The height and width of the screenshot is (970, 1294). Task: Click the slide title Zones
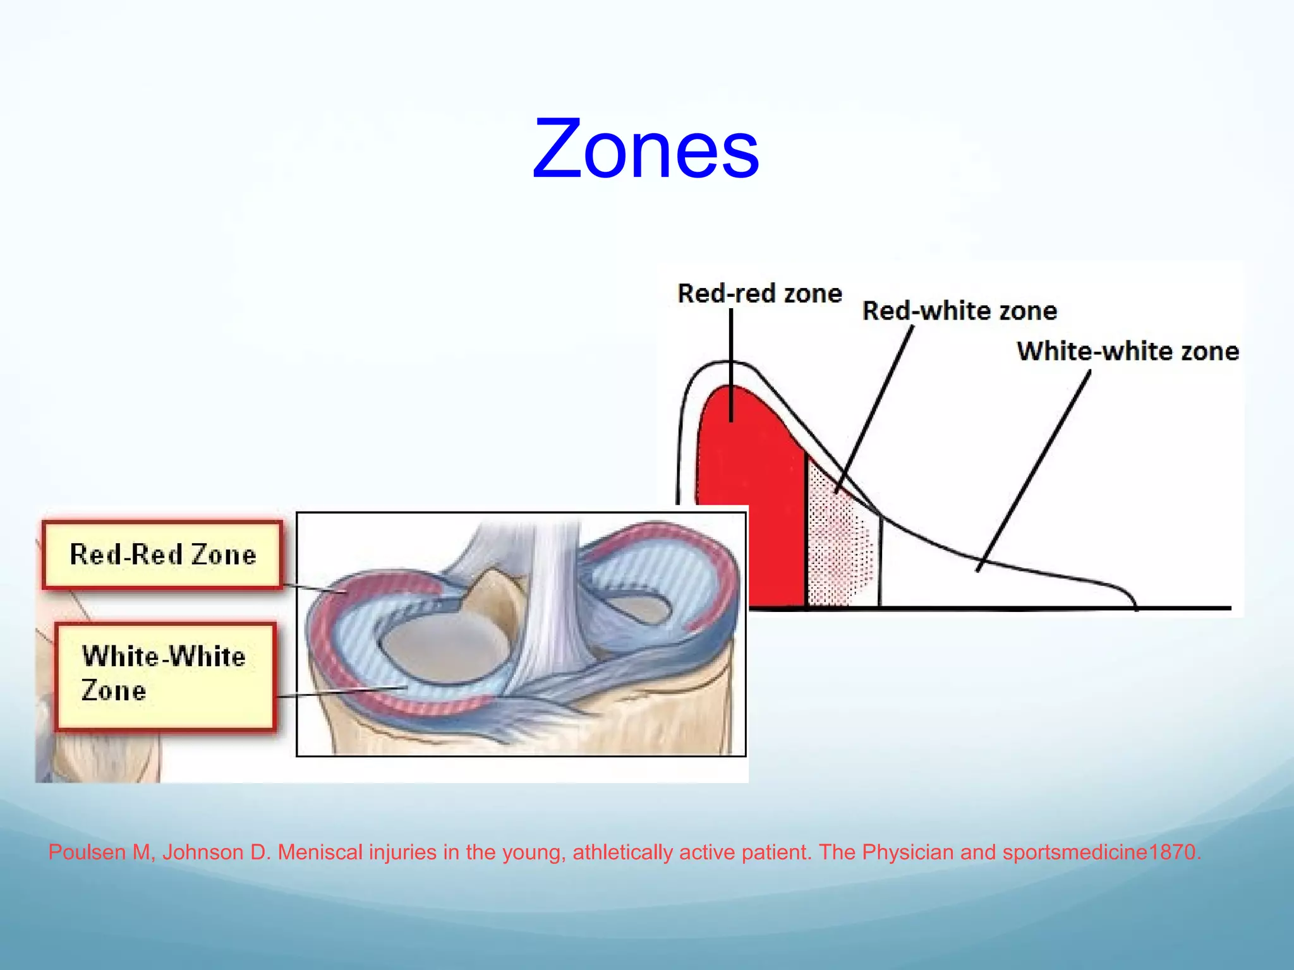(646, 149)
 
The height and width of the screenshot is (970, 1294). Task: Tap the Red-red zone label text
(759, 294)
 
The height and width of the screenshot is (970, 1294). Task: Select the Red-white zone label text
(959, 311)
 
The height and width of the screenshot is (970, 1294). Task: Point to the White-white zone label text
(1127, 351)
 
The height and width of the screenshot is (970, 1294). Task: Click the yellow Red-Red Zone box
(162, 554)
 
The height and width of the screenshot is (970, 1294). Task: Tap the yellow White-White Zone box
(165, 676)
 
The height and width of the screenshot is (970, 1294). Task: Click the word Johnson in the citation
(202, 853)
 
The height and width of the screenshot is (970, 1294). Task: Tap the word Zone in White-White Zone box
(114, 691)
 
